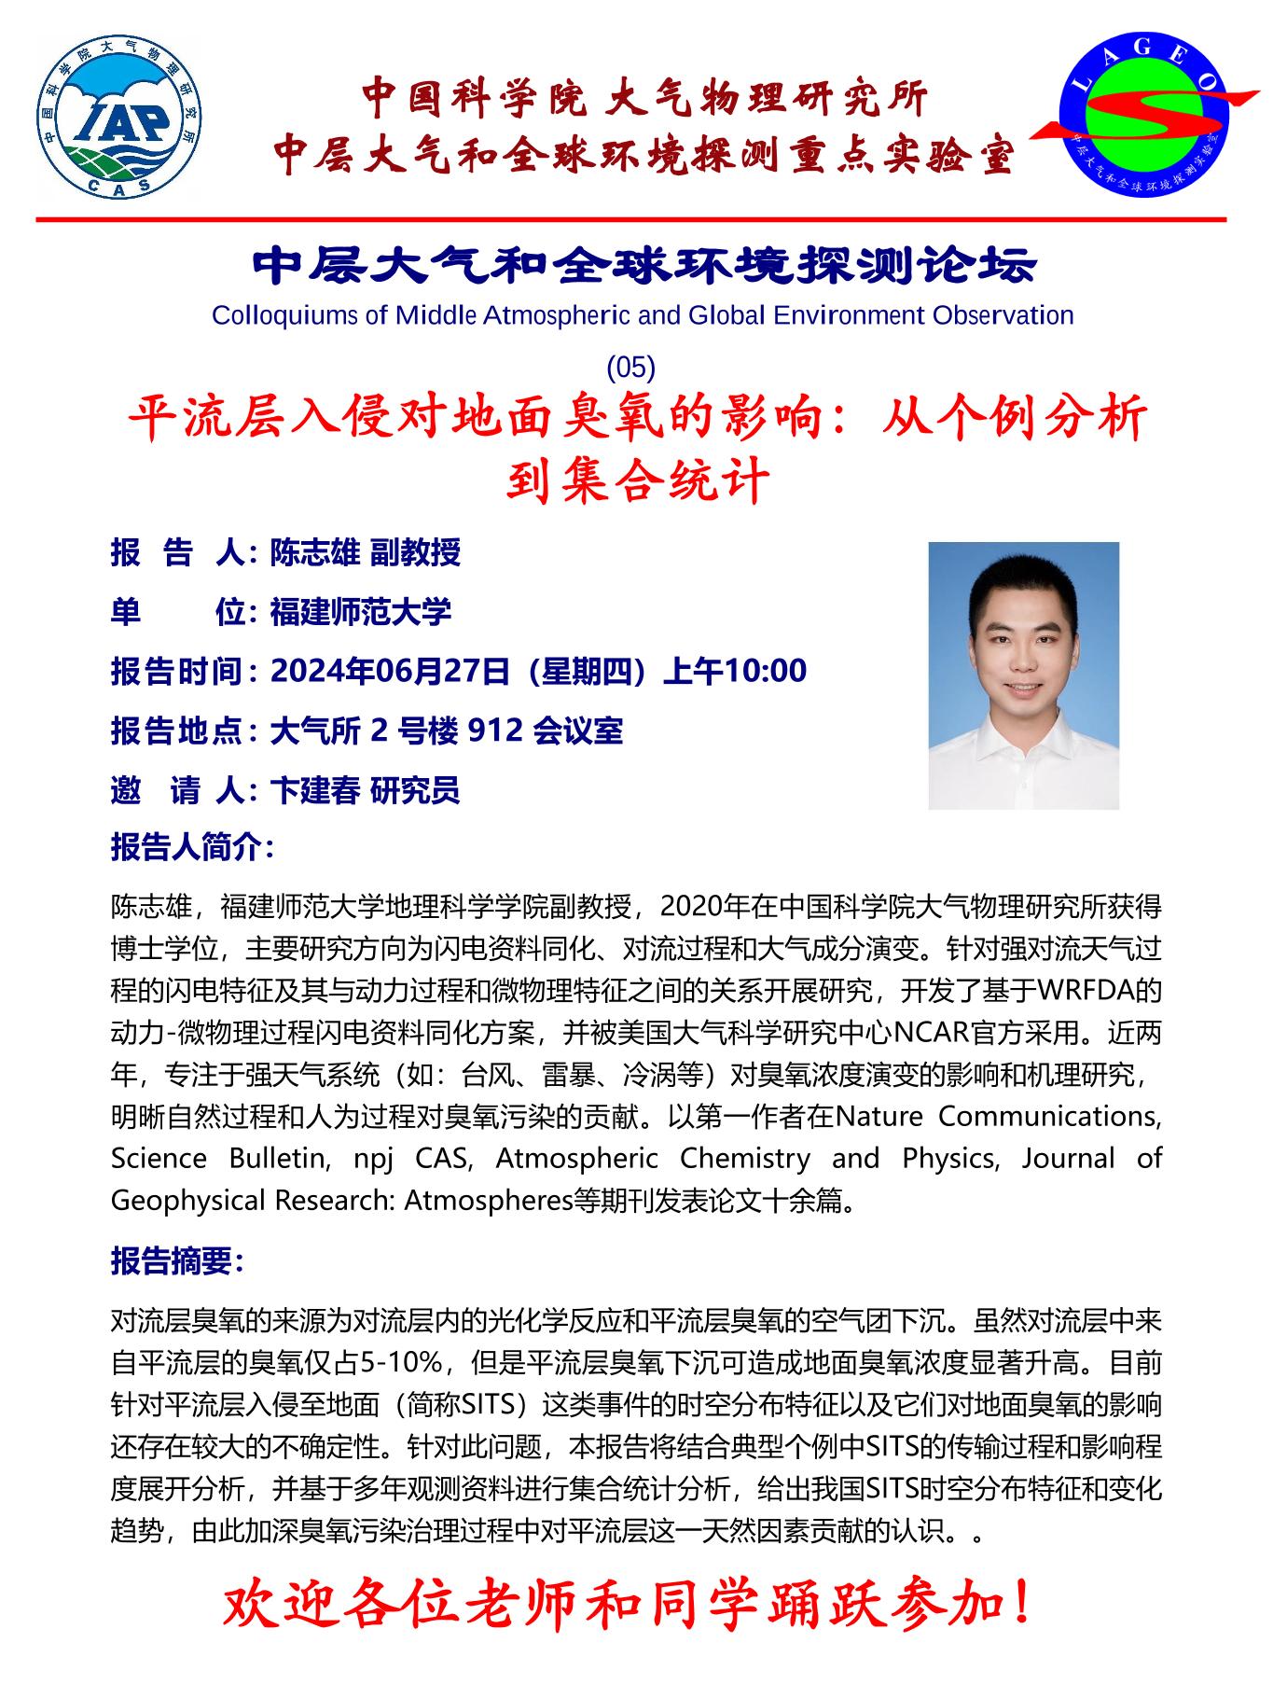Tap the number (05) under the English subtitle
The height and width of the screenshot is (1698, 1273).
(631, 368)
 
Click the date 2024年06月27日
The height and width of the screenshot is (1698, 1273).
(391, 671)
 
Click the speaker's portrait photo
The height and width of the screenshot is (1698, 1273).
(1023, 675)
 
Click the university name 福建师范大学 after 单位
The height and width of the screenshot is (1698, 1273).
(361, 612)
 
